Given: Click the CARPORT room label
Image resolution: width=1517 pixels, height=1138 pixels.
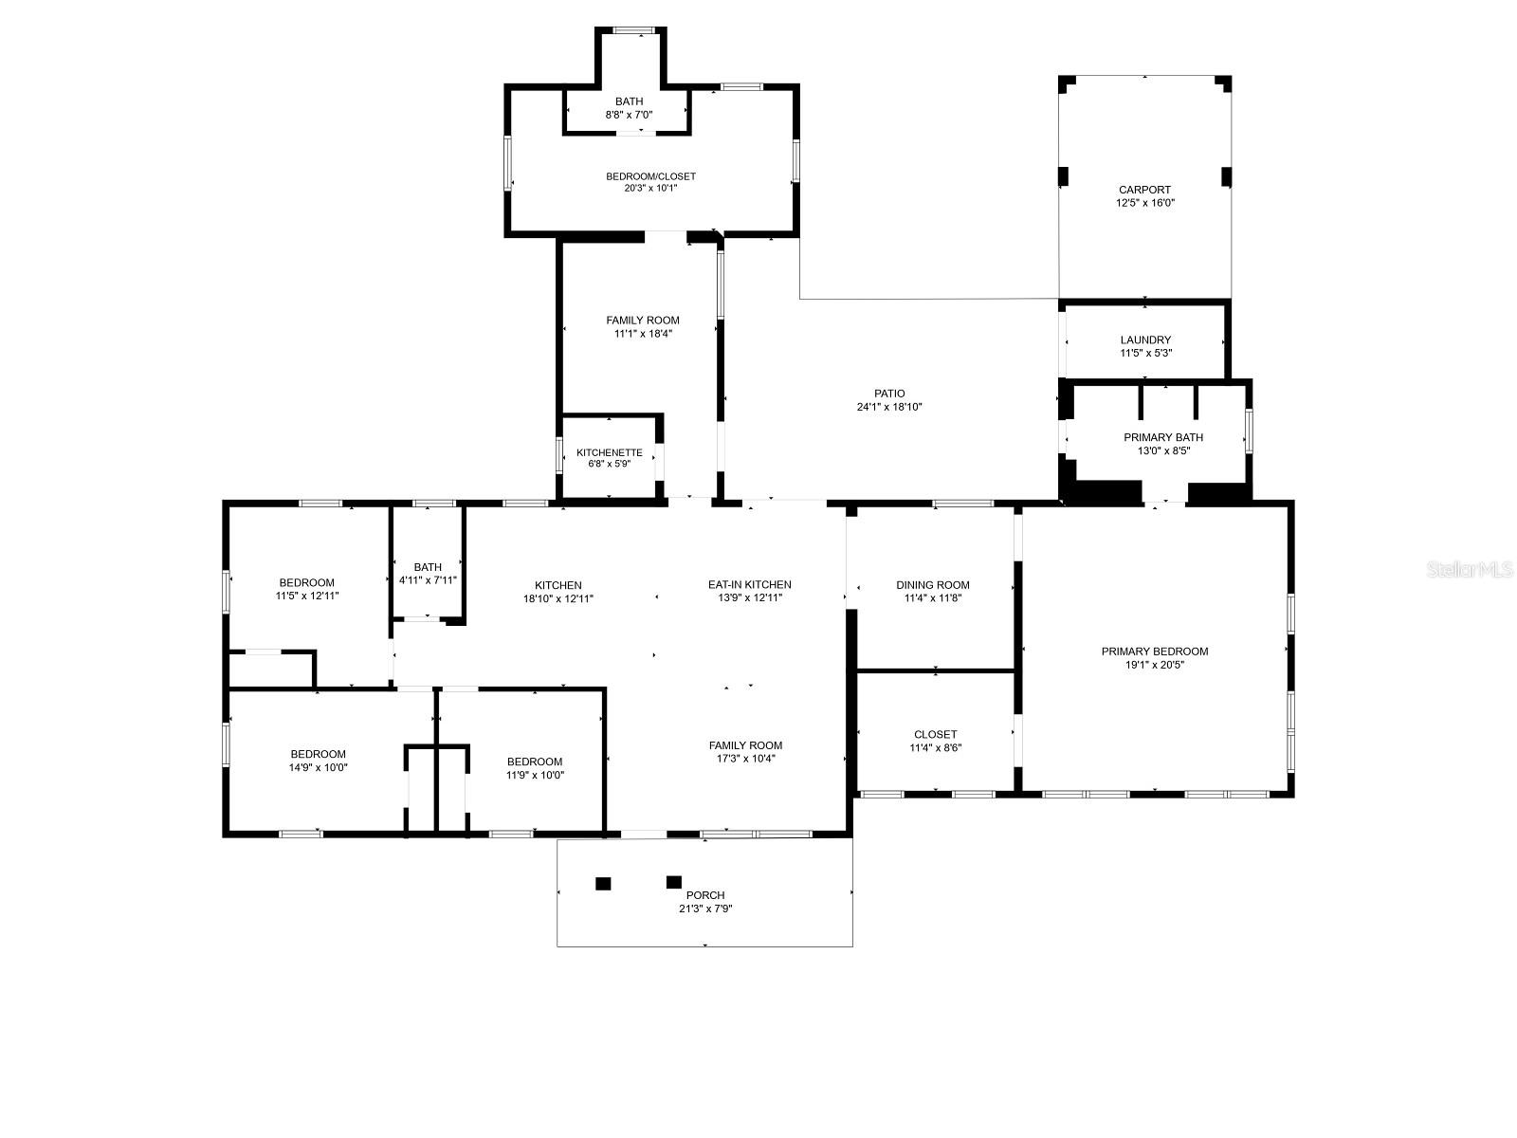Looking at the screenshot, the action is pyautogui.click(x=1144, y=190).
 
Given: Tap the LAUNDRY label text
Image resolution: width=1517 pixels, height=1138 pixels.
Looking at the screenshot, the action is pyautogui.click(x=1145, y=340).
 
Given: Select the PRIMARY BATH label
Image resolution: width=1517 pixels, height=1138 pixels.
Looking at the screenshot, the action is pyautogui.click(x=1163, y=437).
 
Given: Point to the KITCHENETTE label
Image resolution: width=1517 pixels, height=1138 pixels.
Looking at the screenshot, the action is pyautogui.click(x=609, y=452).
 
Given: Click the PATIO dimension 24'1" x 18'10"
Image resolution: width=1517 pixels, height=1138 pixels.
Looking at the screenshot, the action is pyautogui.click(x=888, y=407).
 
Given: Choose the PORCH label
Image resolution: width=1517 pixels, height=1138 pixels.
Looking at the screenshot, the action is pyautogui.click(x=705, y=895).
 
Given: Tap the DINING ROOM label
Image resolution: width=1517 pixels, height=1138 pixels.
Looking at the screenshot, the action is pyautogui.click(x=932, y=585).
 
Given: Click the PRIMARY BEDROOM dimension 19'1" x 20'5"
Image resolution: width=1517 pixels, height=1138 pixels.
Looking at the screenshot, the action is pyautogui.click(x=1154, y=665).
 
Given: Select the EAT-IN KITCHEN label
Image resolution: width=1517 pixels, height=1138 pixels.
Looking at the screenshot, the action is pyautogui.click(x=749, y=584).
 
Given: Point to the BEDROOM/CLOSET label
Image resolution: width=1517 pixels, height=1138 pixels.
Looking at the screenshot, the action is pyautogui.click(x=650, y=176).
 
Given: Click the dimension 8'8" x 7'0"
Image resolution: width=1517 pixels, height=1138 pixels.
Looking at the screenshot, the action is pyautogui.click(x=629, y=115).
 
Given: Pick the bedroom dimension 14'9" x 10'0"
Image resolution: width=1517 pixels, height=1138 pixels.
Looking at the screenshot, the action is pyautogui.click(x=318, y=767).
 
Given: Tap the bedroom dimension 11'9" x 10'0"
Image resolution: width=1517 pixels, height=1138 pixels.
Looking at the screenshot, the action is pyautogui.click(x=535, y=775).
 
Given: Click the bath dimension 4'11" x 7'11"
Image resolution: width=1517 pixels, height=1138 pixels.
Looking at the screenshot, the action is pyautogui.click(x=428, y=580).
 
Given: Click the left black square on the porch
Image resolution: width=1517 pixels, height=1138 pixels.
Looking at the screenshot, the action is pyautogui.click(x=603, y=883).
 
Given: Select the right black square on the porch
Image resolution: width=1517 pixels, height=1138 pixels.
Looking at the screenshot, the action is pyautogui.click(x=674, y=882).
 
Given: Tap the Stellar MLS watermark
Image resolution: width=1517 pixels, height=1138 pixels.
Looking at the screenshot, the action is pyautogui.click(x=1470, y=569).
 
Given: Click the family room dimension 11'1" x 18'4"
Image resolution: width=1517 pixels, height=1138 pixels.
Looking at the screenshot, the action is pyautogui.click(x=643, y=334).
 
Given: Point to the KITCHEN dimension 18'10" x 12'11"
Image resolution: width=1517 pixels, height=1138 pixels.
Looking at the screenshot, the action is pyautogui.click(x=557, y=599).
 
